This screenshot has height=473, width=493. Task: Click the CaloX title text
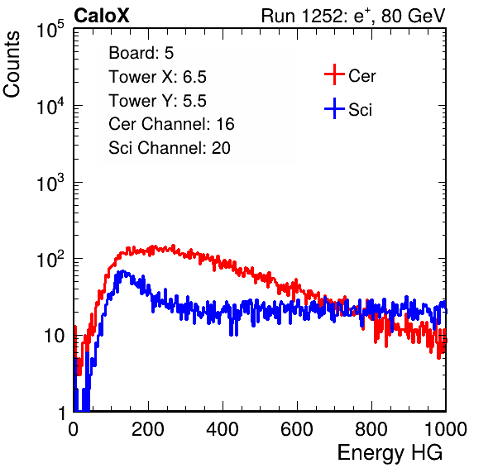click(x=102, y=16)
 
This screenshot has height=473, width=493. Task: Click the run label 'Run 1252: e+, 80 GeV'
click(x=353, y=16)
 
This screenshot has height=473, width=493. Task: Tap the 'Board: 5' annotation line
click(x=141, y=53)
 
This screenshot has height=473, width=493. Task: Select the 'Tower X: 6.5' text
click(x=157, y=77)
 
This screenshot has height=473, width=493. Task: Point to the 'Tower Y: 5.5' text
click(x=157, y=101)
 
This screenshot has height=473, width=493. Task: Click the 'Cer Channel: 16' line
click(x=171, y=124)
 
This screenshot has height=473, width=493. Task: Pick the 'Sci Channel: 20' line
click(x=170, y=148)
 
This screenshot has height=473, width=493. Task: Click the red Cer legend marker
click(x=334, y=74)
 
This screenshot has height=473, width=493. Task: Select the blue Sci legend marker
click(x=334, y=108)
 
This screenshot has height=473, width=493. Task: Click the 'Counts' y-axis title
click(x=12, y=64)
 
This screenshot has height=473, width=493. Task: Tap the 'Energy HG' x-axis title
click(x=390, y=452)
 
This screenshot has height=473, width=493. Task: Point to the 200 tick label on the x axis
click(x=148, y=429)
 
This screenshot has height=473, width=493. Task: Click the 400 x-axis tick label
click(x=223, y=429)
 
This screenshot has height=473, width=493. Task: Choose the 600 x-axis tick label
click(x=297, y=429)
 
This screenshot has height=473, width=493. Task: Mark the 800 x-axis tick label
click(x=371, y=429)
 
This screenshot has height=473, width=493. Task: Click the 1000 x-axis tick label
click(x=446, y=429)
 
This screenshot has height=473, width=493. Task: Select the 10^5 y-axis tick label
click(x=50, y=29)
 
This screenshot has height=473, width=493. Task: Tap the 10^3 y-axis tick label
click(x=50, y=183)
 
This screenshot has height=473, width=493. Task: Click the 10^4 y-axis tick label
click(x=50, y=106)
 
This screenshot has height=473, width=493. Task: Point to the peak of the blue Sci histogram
click(x=122, y=271)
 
